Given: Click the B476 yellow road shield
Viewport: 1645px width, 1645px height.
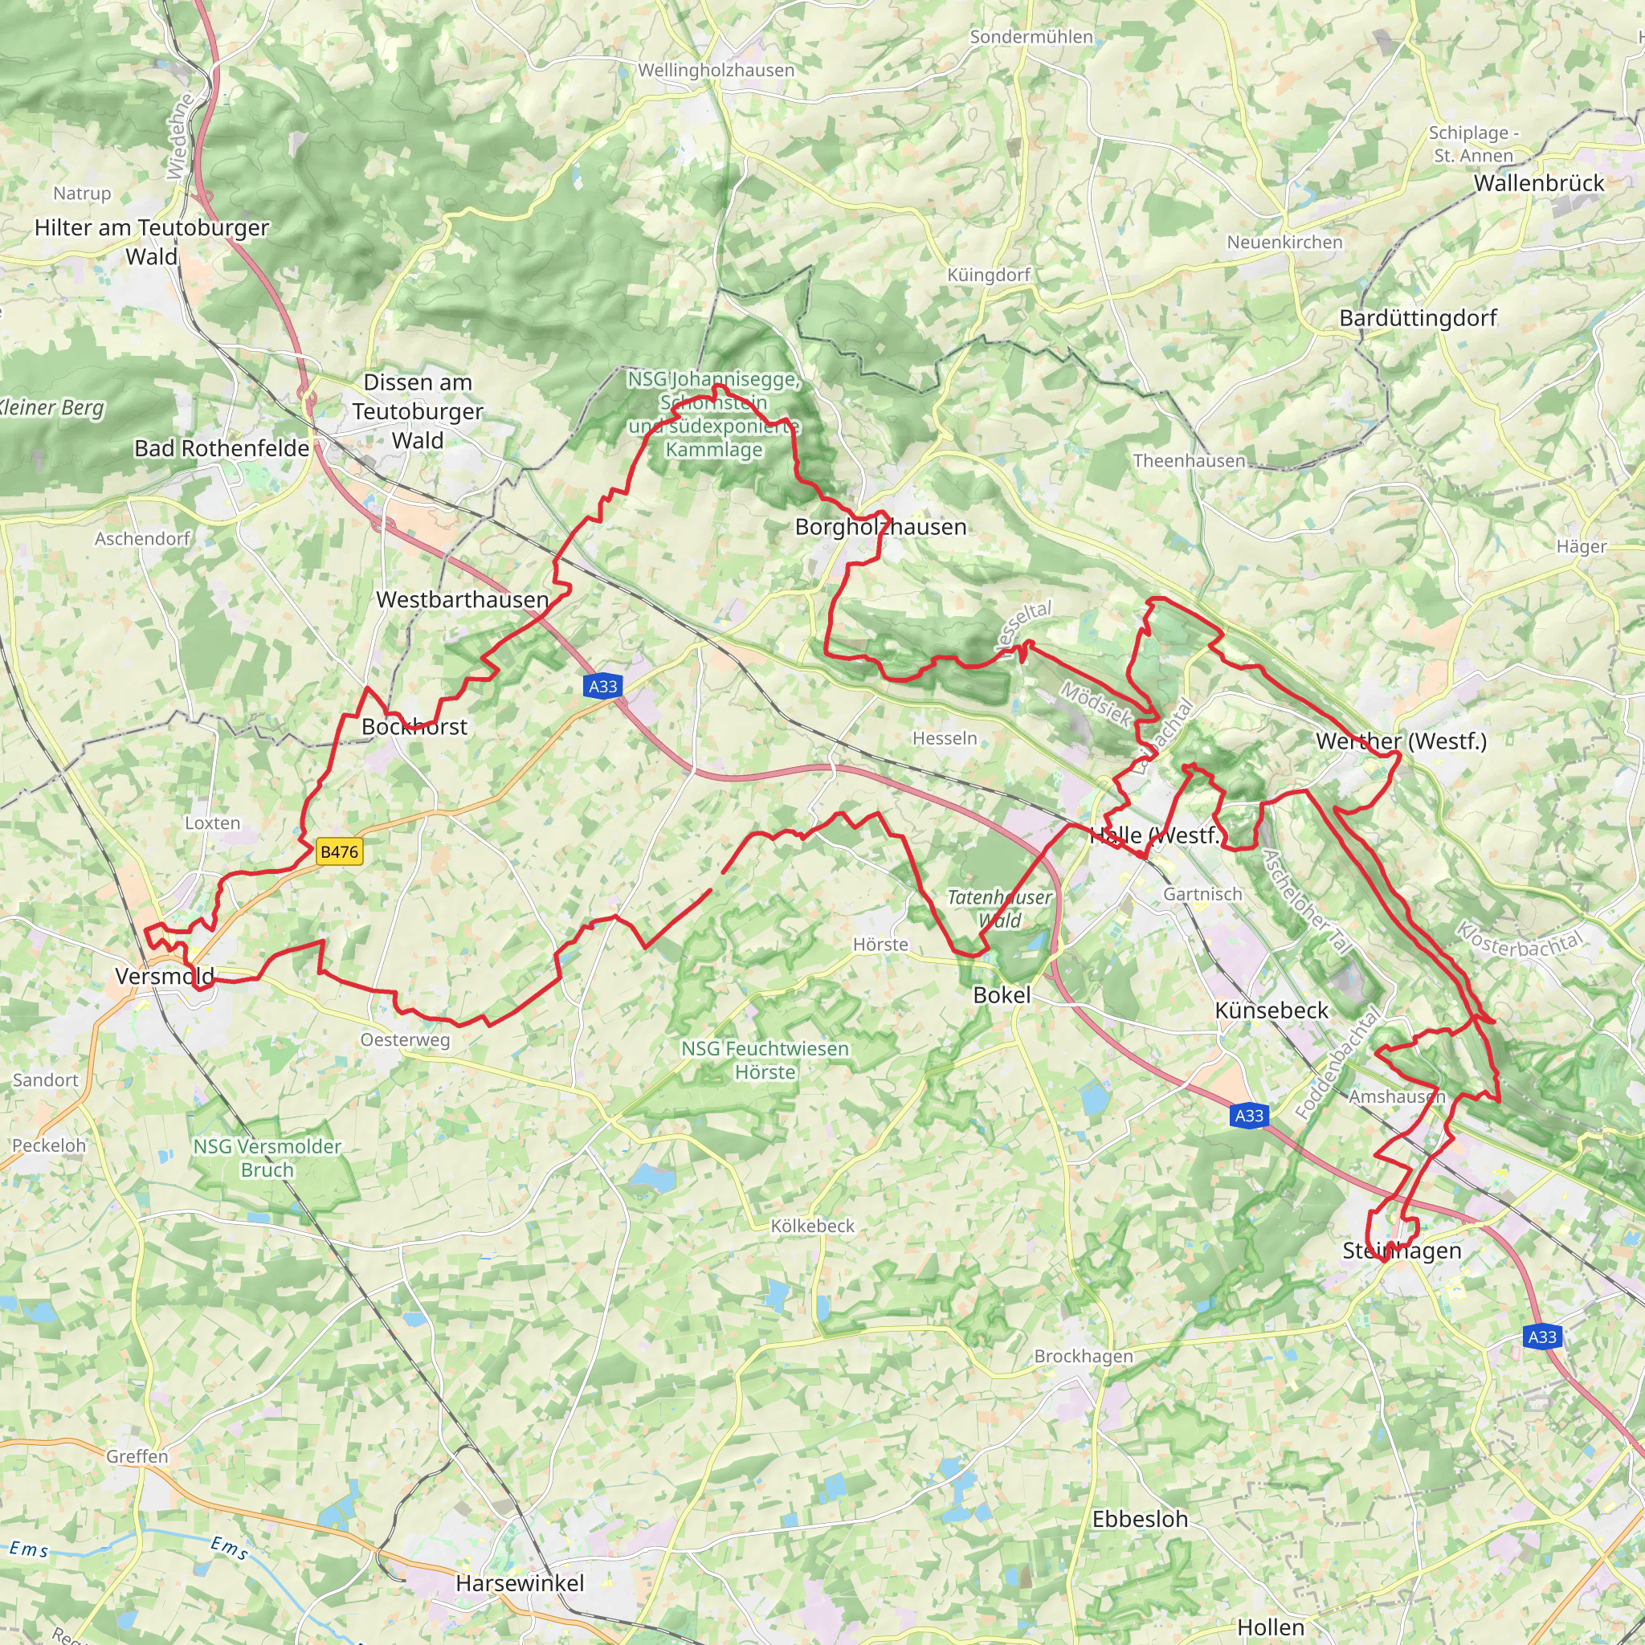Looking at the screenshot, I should point(339,851).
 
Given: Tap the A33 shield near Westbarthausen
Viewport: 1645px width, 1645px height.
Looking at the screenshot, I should point(603,686).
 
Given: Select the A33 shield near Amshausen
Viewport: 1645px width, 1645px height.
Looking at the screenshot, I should point(1249,1116).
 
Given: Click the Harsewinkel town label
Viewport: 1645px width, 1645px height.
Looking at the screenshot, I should point(520,1583).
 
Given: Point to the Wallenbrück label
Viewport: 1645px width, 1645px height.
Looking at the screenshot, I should point(1538,183).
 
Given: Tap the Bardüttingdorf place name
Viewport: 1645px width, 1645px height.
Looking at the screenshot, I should point(1418,318).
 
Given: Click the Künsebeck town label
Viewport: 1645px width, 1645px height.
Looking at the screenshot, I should point(1272,1010).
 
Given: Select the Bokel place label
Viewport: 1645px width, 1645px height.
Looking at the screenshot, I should point(1002,995).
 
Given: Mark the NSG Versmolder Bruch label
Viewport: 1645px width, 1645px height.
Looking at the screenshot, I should point(267,1158).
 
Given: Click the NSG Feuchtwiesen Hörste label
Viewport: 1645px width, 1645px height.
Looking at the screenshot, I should point(765,1060).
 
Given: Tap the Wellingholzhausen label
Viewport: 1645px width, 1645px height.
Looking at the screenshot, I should point(716,71).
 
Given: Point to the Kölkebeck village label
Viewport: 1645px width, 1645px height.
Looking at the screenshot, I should point(811,1226).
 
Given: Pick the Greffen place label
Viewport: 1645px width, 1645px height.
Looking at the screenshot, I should point(137,1456).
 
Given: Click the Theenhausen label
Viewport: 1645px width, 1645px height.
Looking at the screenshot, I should point(1189,460).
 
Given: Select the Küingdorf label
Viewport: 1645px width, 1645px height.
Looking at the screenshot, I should point(989,275).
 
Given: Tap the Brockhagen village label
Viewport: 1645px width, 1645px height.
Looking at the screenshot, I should point(1083,1356).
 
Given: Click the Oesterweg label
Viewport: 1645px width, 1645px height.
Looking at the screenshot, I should point(405,1039).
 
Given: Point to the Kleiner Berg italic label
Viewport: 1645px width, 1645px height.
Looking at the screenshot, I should point(51,408).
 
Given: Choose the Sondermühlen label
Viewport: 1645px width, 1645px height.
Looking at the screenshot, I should point(1031,37).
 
